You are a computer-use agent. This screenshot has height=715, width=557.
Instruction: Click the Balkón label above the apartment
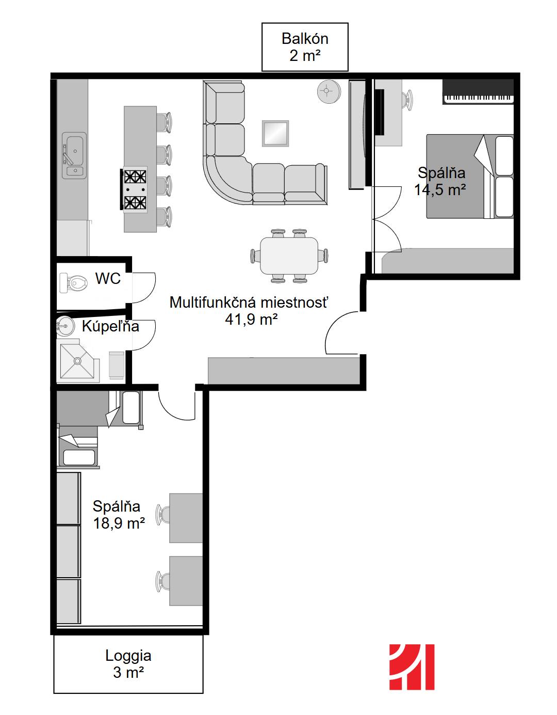tap(305, 39)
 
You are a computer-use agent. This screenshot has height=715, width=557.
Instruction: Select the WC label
tap(108, 278)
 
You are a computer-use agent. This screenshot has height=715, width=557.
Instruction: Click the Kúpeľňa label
tap(110, 326)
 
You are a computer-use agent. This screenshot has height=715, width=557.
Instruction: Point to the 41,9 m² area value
tap(251, 319)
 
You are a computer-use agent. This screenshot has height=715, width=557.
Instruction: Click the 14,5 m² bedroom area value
tap(440, 190)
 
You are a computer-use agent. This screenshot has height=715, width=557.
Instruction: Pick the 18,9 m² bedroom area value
tap(119, 523)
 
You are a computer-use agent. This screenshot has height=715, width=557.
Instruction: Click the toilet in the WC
tap(73, 282)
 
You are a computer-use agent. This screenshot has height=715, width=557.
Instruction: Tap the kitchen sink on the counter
tap(74, 155)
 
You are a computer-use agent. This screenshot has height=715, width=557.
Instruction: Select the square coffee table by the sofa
tap(275, 133)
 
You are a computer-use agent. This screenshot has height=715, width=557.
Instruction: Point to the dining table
tap(289, 256)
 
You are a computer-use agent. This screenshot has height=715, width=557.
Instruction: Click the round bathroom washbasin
tap(65, 326)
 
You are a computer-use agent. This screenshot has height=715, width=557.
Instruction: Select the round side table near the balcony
tap(329, 91)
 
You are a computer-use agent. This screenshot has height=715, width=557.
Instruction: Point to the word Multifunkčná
tap(208, 302)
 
